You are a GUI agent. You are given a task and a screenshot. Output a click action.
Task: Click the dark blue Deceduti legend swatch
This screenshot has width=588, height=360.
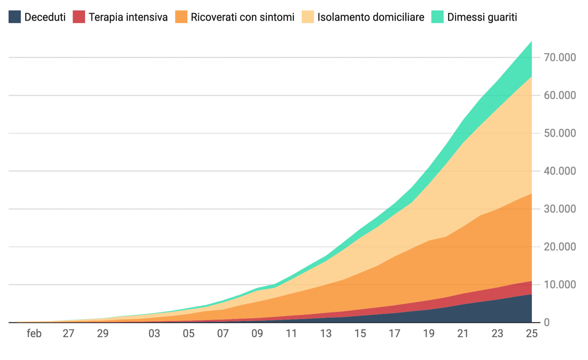coord(14,17)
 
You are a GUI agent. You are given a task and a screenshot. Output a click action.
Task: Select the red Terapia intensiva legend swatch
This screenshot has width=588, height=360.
coord(79,17)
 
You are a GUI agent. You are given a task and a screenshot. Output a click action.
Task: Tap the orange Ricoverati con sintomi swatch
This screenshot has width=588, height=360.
coord(181,17)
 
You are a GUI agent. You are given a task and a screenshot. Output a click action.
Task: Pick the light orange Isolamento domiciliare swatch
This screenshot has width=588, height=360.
coord(308,17)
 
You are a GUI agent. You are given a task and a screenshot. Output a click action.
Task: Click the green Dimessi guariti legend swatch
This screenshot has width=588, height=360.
coord(437,17)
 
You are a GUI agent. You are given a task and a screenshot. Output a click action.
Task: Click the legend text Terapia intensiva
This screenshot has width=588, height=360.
coord(128,17)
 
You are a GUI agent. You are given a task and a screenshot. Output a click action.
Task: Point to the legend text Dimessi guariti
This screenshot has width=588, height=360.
coord(482,17)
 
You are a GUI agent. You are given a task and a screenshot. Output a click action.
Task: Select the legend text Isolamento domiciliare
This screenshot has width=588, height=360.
coord(371,17)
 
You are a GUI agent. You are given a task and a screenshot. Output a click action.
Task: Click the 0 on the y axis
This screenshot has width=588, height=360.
coord(547,322)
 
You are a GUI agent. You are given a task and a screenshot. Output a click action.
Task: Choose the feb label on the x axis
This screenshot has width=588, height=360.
coord(34,334)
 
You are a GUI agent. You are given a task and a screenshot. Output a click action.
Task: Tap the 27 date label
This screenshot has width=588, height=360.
coord(68,334)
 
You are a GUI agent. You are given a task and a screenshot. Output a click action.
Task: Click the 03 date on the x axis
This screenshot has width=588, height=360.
coord(154,334)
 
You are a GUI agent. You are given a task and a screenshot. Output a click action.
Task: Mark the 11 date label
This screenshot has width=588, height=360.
coord(291,334)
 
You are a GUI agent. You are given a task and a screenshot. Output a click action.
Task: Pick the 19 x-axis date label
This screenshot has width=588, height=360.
coord(429,334)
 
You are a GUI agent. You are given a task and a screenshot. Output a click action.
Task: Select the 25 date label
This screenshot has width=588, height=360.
coord(532,334)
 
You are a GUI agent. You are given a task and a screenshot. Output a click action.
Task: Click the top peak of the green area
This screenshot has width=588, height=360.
coord(531,42)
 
